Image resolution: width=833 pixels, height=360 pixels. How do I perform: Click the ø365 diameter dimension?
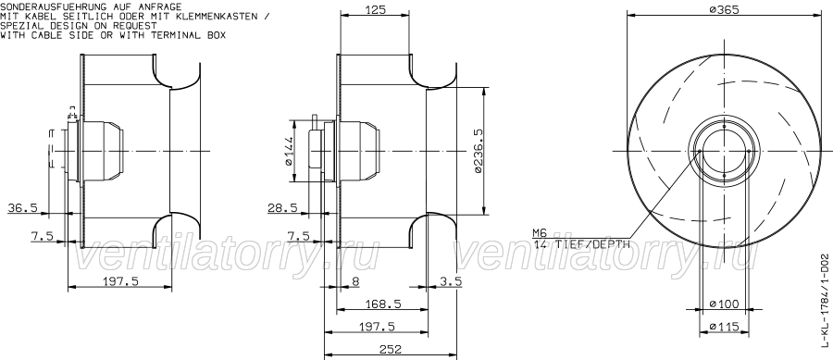click(724, 9)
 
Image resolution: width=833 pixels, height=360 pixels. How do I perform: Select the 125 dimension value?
click(375, 9)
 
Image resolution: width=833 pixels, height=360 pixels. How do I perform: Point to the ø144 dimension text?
click(289, 151)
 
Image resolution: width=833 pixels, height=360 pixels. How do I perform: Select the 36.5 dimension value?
click(22, 208)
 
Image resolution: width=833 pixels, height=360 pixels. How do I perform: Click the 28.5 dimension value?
click(282, 208)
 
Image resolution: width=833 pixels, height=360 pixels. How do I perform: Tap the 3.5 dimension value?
click(451, 281)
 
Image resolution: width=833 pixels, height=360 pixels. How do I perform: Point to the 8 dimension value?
click(356, 281)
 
